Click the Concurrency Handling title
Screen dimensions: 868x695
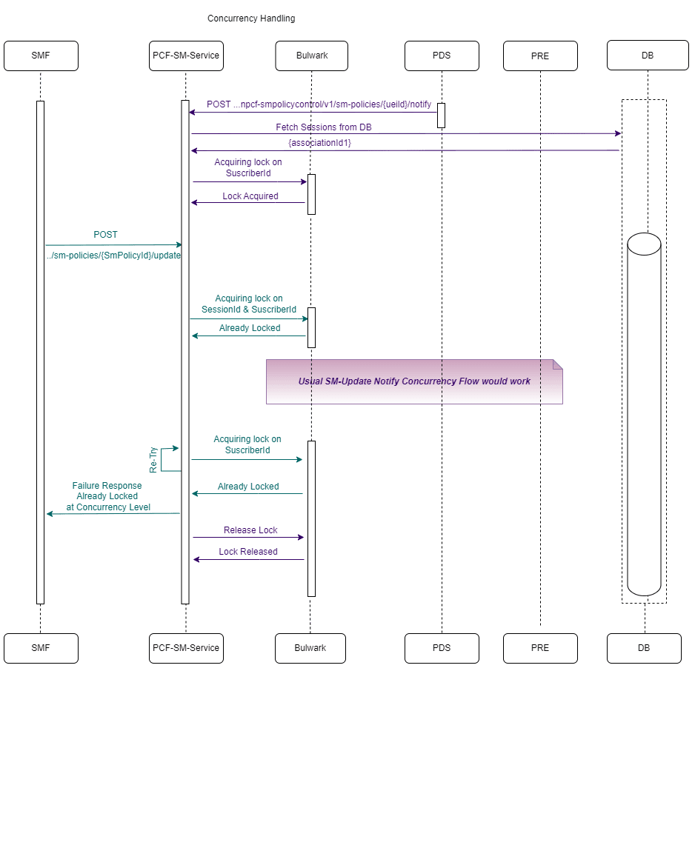pyautogui.click(x=250, y=19)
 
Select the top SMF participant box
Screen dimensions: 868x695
pyautogui.click(x=41, y=56)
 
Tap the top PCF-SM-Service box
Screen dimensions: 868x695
pyautogui.click(x=186, y=56)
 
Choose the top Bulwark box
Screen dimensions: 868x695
pyautogui.click(x=311, y=56)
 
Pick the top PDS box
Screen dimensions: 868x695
pyautogui.click(x=442, y=56)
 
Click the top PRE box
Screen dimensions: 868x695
pyautogui.click(x=540, y=56)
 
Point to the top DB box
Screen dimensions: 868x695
pyautogui.click(x=643, y=56)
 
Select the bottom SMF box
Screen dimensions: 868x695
pyautogui.click(x=41, y=648)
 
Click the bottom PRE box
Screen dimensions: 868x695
pyautogui.click(x=540, y=648)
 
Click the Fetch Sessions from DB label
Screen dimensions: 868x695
pyautogui.click(x=324, y=127)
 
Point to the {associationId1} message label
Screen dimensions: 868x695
pyautogui.click(x=319, y=143)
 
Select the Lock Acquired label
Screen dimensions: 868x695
pyautogui.click(x=250, y=196)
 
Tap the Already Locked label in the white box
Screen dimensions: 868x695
pyautogui.click(x=250, y=328)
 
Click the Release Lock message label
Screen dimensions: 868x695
pyautogui.click(x=250, y=530)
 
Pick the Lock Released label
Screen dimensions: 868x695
pyautogui.click(x=248, y=552)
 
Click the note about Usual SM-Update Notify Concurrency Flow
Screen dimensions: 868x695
pyautogui.click(x=414, y=381)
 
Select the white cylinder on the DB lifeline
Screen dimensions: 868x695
pyautogui.click(x=644, y=415)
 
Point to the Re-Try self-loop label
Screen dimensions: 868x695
pyautogui.click(x=153, y=459)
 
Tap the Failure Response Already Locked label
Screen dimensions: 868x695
pyautogui.click(x=107, y=496)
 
